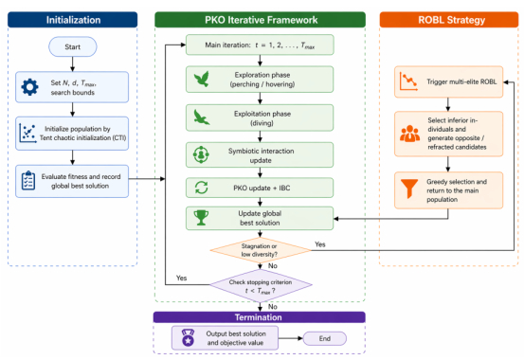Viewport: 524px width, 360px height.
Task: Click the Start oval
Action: pyautogui.click(x=73, y=46)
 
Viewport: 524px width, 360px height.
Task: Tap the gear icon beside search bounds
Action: pyautogui.click(x=29, y=87)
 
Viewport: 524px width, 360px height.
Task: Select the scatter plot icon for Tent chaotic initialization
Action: pyautogui.click(x=27, y=133)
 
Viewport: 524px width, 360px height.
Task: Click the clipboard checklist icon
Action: pyautogui.click(x=28, y=181)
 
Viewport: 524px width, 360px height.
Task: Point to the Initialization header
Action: pyautogui.click(x=73, y=20)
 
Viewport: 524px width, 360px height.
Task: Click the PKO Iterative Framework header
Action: pyautogui.click(x=260, y=20)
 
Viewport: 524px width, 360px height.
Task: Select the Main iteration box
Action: pyautogui.click(x=260, y=45)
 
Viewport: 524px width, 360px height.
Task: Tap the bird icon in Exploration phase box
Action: pyautogui.click(x=202, y=80)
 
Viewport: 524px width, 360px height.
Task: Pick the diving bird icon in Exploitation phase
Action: pyautogui.click(x=202, y=117)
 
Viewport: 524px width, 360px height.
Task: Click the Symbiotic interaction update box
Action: pyautogui.click(x=260, y=155)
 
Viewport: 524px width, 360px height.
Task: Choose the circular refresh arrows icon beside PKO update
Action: pyautogui.click(x=202, y=188)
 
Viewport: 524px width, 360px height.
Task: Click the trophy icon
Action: pyautogui.click(x=201, y=218)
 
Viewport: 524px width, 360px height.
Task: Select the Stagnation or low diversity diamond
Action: pyautogui.click(x=260, y=250)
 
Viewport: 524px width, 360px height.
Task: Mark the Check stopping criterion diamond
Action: pyautogui.click(x=261, y=285)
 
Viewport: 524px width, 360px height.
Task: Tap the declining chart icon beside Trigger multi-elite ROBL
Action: pyautogui.click(x=408, y=81)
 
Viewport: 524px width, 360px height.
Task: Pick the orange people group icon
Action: pyautogui.click(x=409, y=134)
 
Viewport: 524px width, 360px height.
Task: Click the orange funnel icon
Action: pyautogui.click(x=409, y=189)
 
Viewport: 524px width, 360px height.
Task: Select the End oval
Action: pyautogui.click(x=324, y=338)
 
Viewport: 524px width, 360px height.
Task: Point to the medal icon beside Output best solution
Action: pyautogui.click(x=188, y=337)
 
